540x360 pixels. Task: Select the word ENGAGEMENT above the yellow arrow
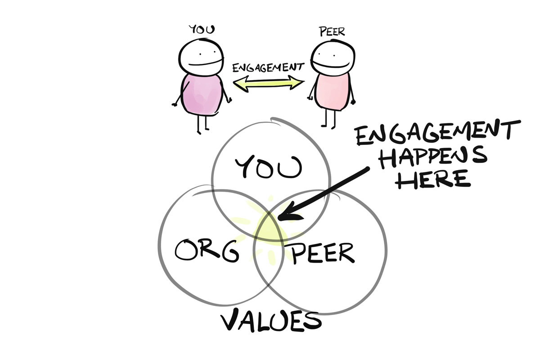tap(268, 68)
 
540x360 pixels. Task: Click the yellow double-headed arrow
tap(269, 84)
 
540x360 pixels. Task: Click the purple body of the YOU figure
tap(202, 94)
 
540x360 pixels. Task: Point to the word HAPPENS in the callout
tap(432, 157)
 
